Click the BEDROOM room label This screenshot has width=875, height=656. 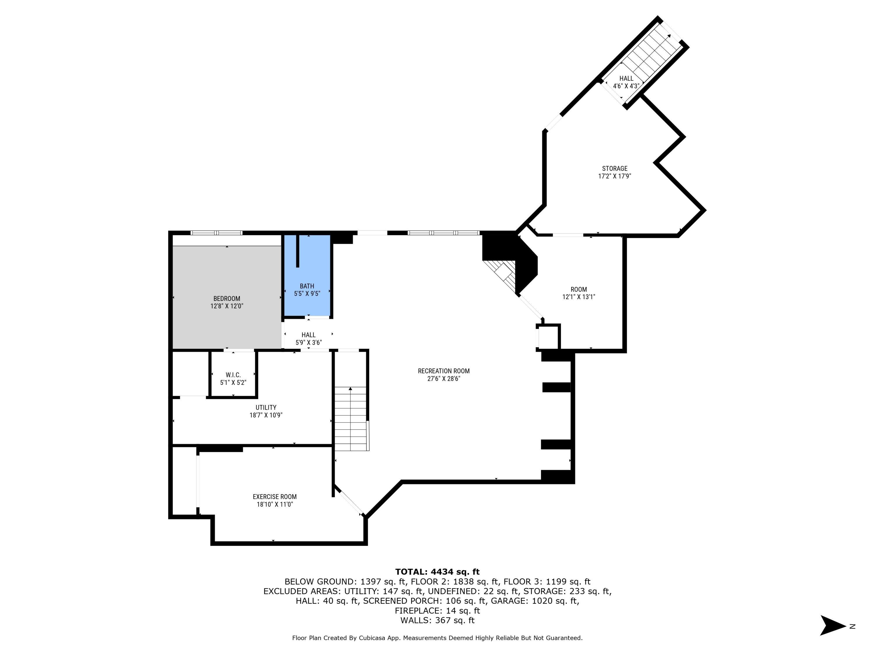[227, 299]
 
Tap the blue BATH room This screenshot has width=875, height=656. [307, 277]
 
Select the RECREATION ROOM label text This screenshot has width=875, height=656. [443, 371]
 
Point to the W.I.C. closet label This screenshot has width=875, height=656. [233, 375]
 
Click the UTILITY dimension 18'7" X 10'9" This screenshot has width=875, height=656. [266, 415]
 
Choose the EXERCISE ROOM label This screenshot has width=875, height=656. [274, 497]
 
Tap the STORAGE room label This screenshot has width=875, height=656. [614, 169]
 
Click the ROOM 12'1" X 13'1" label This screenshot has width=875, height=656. [578, 293]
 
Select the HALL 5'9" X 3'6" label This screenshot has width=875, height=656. [309, 339]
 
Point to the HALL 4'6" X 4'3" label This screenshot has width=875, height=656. [626, 82]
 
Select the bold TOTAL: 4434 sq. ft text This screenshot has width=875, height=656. [437, 572]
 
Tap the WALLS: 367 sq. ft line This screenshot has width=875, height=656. [437, 620]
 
